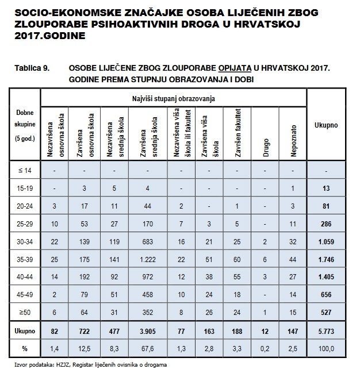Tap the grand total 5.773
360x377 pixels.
325,332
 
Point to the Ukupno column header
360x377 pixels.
325,124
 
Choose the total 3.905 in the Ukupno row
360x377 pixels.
148,332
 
